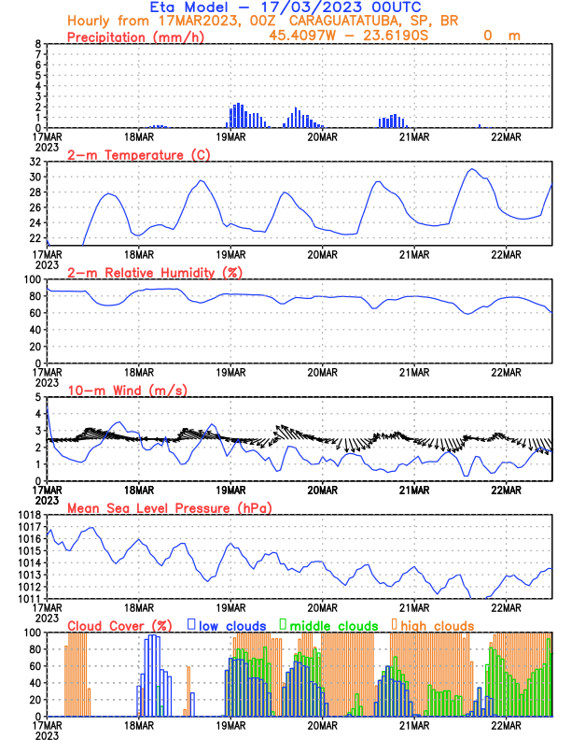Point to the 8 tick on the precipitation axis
coord(37,44)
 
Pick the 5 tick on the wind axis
coord(37,397)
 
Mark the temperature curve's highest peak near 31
coord(473,169)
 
